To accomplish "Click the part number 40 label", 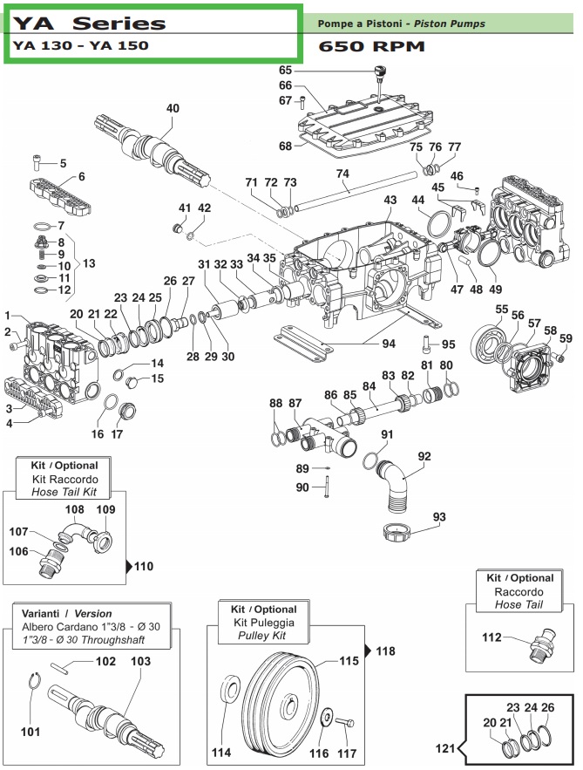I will [x=173, y=108].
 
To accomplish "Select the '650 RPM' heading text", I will [x=372, y=46].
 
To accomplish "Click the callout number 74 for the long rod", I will [x=342, y=173].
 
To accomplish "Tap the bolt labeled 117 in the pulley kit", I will [x=349, y=722].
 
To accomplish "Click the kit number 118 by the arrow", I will [x=385, y=651].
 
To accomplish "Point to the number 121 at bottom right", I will [x=445, y=747].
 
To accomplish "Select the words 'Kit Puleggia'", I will [x=263, y=623].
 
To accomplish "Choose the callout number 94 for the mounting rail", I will [x=388, y=343].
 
